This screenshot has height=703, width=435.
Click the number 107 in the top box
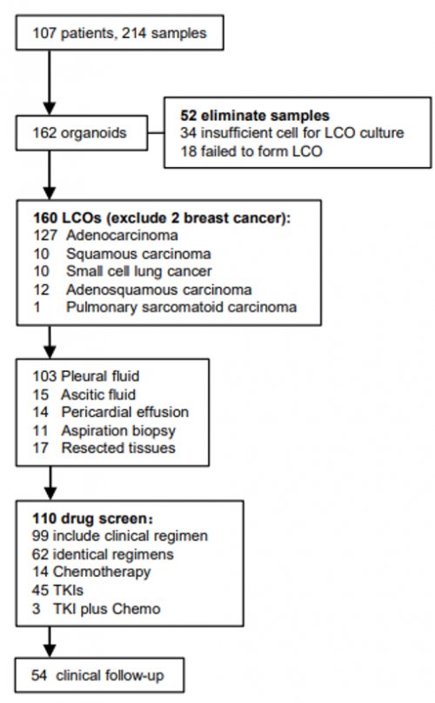(44, 33)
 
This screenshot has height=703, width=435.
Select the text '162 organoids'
(79, 133)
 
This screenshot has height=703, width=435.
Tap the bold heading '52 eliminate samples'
(255, 116)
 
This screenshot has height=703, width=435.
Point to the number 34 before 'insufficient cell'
(189, 133)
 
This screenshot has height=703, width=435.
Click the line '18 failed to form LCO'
(251, 151)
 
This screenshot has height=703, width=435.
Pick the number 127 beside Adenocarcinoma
(45, 235)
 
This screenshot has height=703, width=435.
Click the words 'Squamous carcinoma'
(138, 254)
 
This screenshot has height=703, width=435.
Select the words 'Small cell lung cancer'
(139, 271)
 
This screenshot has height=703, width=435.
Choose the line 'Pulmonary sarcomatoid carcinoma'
(181, 307)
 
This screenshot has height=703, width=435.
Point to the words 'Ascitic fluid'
(98, 395)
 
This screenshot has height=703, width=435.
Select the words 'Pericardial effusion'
(125, 412)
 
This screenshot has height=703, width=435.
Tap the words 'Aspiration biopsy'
(118, 431)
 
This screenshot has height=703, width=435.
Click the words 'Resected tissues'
(118, 448)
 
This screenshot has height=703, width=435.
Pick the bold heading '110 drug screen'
(90, 519)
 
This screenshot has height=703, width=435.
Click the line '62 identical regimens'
(103, 554)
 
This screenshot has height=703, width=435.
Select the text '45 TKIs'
(57, 590)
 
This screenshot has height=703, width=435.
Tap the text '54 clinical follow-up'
(97, 675)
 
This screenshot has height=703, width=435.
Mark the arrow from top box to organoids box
(50, 83)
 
